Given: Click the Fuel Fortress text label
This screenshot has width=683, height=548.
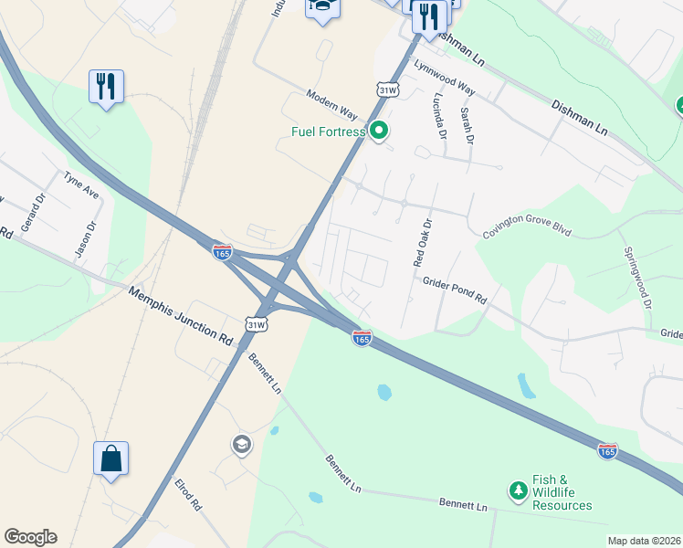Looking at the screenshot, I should point(328,132).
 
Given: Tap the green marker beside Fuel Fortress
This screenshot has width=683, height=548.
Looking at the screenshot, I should point(379,131).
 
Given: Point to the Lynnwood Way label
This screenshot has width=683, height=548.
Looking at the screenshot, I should point(444,78).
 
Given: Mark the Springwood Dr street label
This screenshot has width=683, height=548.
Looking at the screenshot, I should point(636,276).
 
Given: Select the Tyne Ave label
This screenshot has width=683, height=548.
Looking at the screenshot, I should point(80,187).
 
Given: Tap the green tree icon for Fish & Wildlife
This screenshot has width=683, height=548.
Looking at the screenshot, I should point(518,491).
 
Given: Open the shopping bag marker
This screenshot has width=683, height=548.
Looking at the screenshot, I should point(110,458).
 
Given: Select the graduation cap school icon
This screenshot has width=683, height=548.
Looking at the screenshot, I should point(241,445).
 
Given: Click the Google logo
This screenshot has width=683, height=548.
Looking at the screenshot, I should point(30,537).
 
